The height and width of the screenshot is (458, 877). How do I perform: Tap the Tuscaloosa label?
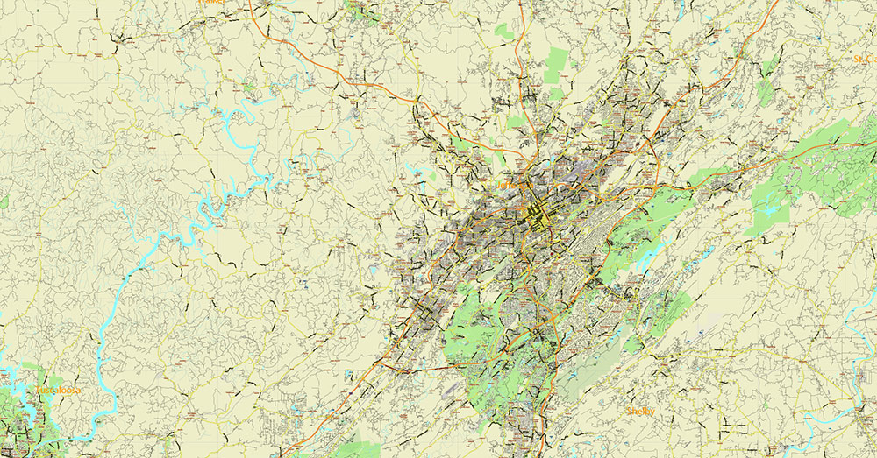(x=58, y=390)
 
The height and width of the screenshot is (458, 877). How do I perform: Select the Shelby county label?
(x=640, y=411)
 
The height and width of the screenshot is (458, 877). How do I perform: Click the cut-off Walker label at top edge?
(x=210, y=3)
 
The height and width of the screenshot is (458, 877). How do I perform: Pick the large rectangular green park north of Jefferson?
(x=556, y=65)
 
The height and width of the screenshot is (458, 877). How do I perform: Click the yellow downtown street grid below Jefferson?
(x=535, y=213)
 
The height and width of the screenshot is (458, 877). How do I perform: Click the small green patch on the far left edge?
(x=4, y=201)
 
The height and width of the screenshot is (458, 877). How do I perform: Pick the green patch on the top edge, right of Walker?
(x=360, y=9)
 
